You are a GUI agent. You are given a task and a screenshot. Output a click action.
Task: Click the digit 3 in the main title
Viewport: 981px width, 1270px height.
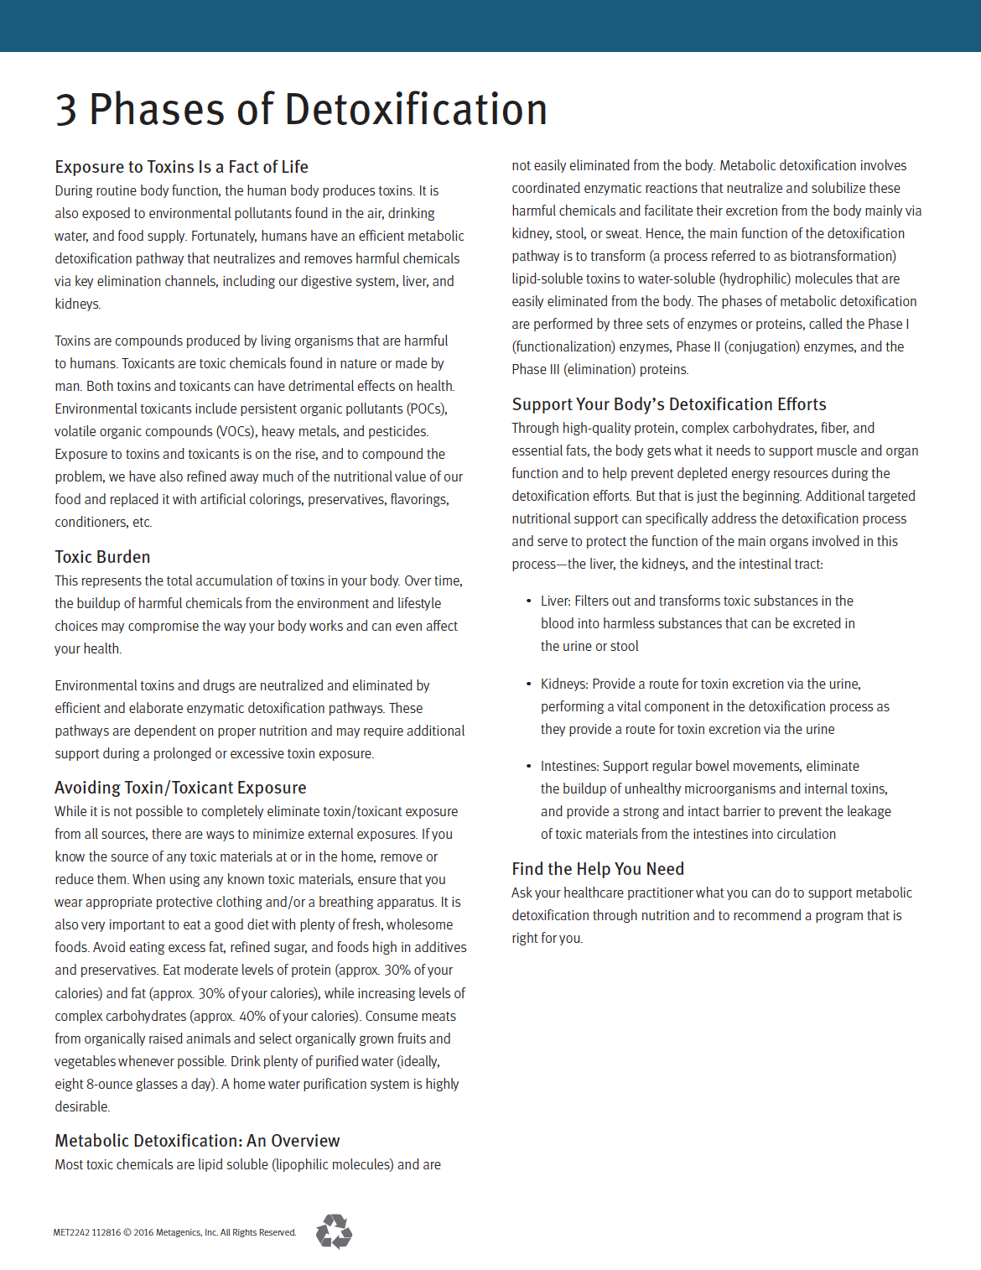[66, 110]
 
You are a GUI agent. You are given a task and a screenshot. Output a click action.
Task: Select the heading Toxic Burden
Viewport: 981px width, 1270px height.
[102, 557]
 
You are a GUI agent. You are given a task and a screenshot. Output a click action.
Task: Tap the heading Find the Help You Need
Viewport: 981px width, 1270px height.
[598, 869]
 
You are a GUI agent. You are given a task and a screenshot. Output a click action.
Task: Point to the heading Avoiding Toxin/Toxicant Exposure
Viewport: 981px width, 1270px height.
[180, 788]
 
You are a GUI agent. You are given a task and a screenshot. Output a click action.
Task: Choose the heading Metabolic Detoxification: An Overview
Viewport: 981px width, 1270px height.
[197, 1141]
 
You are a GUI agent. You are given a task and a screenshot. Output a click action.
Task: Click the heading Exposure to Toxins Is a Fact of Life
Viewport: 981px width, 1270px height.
[181, 167]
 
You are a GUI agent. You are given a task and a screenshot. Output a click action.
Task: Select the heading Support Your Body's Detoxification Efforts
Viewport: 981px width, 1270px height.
[669, 404]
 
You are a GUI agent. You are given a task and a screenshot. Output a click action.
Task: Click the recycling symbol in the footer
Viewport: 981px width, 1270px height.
[334, 1231]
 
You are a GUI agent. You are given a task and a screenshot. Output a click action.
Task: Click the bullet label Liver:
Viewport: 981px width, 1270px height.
[556, 601]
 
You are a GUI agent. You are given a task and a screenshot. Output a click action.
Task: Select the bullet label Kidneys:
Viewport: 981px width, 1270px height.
[564, 684]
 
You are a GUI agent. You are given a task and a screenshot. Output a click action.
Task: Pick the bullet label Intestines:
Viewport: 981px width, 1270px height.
[569, 766]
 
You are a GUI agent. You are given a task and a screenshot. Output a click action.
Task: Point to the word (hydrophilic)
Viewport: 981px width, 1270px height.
[742, 278]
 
